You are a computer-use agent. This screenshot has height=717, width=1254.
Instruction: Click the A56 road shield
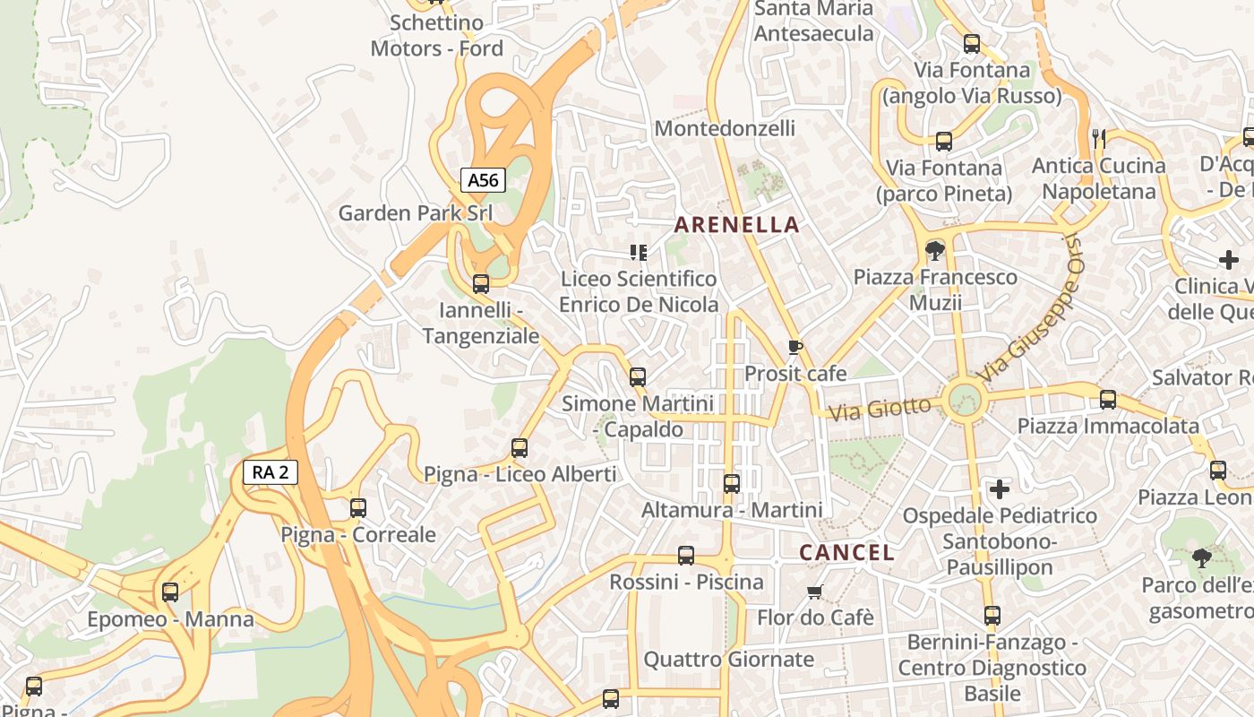[x=483, y=180]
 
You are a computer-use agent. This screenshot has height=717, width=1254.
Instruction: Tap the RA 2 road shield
[x=270, y=472]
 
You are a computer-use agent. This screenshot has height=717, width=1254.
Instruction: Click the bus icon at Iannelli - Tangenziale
[x=481, y=284]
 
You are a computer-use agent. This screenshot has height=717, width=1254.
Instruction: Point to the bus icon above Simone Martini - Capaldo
[x=638, y=377]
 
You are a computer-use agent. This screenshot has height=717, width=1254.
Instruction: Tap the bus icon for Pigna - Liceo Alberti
[x=520, y=448]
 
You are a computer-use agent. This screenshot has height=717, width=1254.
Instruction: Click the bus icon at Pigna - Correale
[x=358, y=508]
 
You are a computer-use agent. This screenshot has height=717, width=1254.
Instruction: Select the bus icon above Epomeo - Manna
[x=170, y=592]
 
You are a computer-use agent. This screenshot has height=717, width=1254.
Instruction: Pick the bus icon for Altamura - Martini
[x=732, y=484]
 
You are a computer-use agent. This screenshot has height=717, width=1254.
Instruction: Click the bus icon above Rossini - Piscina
[x=686, y=556]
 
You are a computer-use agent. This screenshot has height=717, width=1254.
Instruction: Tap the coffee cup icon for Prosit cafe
[x=794, y=347]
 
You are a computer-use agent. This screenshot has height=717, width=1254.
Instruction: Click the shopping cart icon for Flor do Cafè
[x=814, y=592]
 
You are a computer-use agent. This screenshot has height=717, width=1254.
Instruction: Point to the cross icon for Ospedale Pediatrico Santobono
[x=1000, y=489]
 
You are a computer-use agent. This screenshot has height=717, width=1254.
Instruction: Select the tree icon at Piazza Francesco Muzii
[x=935, y=250]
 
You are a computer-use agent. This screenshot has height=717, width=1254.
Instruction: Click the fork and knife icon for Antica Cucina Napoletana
[x=1100, y=138]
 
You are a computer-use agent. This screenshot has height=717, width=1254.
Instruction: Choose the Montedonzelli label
[x=725, y=128]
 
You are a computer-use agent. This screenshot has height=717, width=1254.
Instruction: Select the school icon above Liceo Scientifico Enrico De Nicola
[x=639, y=253]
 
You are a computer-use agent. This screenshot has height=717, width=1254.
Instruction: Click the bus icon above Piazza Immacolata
[x=1108, y=400]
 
